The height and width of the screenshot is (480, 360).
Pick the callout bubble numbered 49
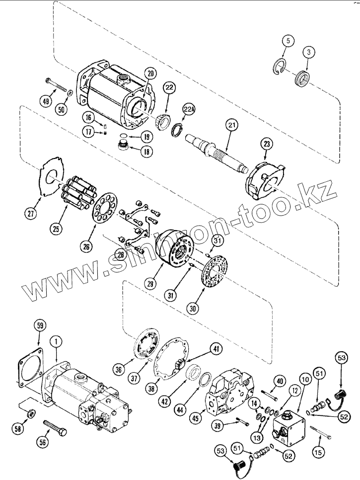pos(47,101)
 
